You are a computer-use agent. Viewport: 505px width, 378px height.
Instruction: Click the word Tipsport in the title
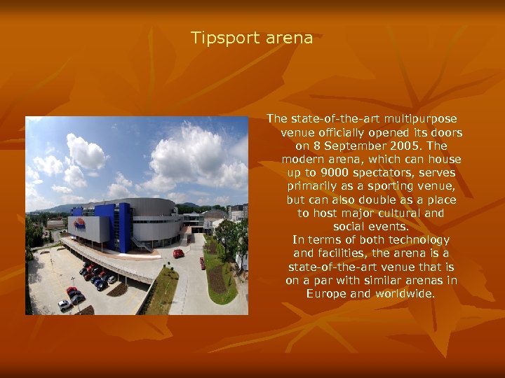(x=224, y=38)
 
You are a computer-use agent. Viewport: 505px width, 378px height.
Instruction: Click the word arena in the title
(x=289, y=38)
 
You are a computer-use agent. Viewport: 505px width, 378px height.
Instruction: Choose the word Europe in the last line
(x=326, y=293)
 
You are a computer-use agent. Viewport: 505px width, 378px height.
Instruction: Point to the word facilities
(x=348, y=253)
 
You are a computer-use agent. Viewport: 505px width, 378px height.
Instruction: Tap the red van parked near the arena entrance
(x=178, y=253)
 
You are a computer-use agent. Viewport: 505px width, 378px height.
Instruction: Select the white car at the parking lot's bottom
(x=64, y=304)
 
